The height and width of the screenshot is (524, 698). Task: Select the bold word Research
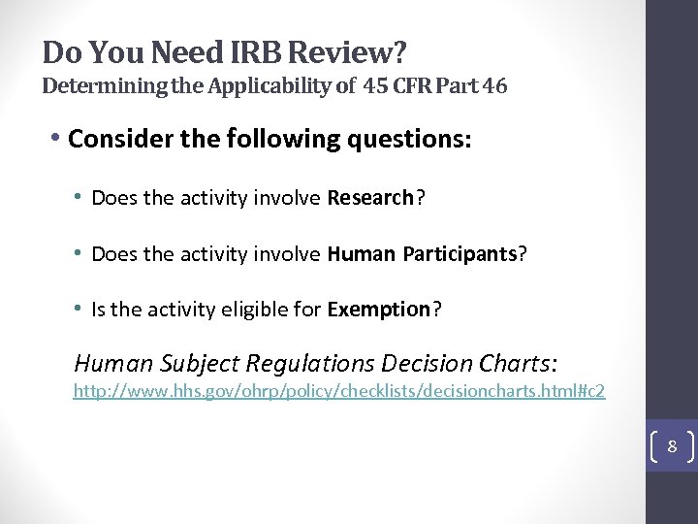tap(371, 199)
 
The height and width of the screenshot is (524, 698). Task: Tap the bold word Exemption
tap(379, 310)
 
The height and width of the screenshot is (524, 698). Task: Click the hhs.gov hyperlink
tap(339, 392)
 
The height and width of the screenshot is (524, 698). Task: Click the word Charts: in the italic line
tap(519, 364)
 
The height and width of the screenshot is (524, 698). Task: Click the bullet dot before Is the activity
tap(78, 310)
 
